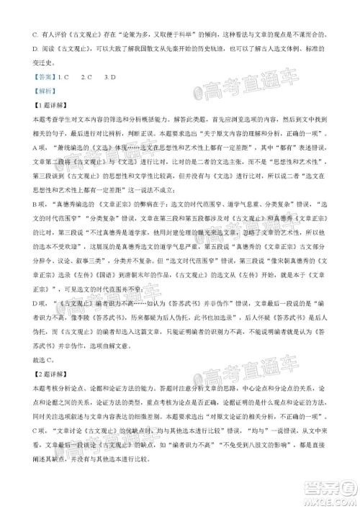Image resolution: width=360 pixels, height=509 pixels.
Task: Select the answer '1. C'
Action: [x=67, y=76]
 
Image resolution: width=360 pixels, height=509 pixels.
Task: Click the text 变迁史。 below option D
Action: [x=46, y=62]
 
